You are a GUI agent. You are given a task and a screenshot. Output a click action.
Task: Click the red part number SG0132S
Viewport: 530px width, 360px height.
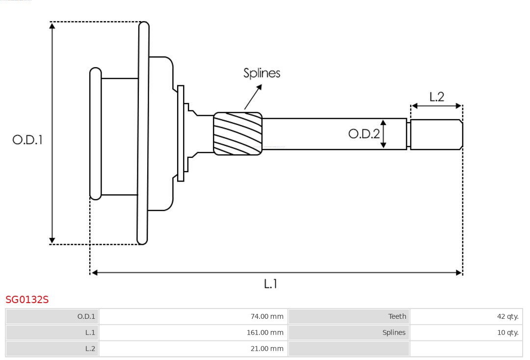27,300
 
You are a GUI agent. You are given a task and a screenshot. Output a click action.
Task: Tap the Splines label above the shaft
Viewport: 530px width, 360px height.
262,73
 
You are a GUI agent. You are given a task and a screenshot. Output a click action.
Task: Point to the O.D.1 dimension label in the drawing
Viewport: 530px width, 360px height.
27,140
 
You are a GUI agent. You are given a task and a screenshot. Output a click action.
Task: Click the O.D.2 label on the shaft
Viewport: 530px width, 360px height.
364,133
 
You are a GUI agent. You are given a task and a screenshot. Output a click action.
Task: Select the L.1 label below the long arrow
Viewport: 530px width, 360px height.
271,283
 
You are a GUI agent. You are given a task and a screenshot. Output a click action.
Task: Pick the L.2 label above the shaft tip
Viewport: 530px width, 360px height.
436,97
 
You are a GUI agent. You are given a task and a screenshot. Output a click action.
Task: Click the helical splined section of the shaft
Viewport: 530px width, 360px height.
238,133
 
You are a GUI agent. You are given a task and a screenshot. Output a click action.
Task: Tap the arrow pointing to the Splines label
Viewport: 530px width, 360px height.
253,97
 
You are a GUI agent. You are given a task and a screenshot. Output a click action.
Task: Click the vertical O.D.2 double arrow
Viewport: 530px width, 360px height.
384,133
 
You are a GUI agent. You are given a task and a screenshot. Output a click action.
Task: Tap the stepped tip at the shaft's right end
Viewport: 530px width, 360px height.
436,134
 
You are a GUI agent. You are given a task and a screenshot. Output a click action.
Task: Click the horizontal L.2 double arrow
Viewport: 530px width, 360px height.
436,105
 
